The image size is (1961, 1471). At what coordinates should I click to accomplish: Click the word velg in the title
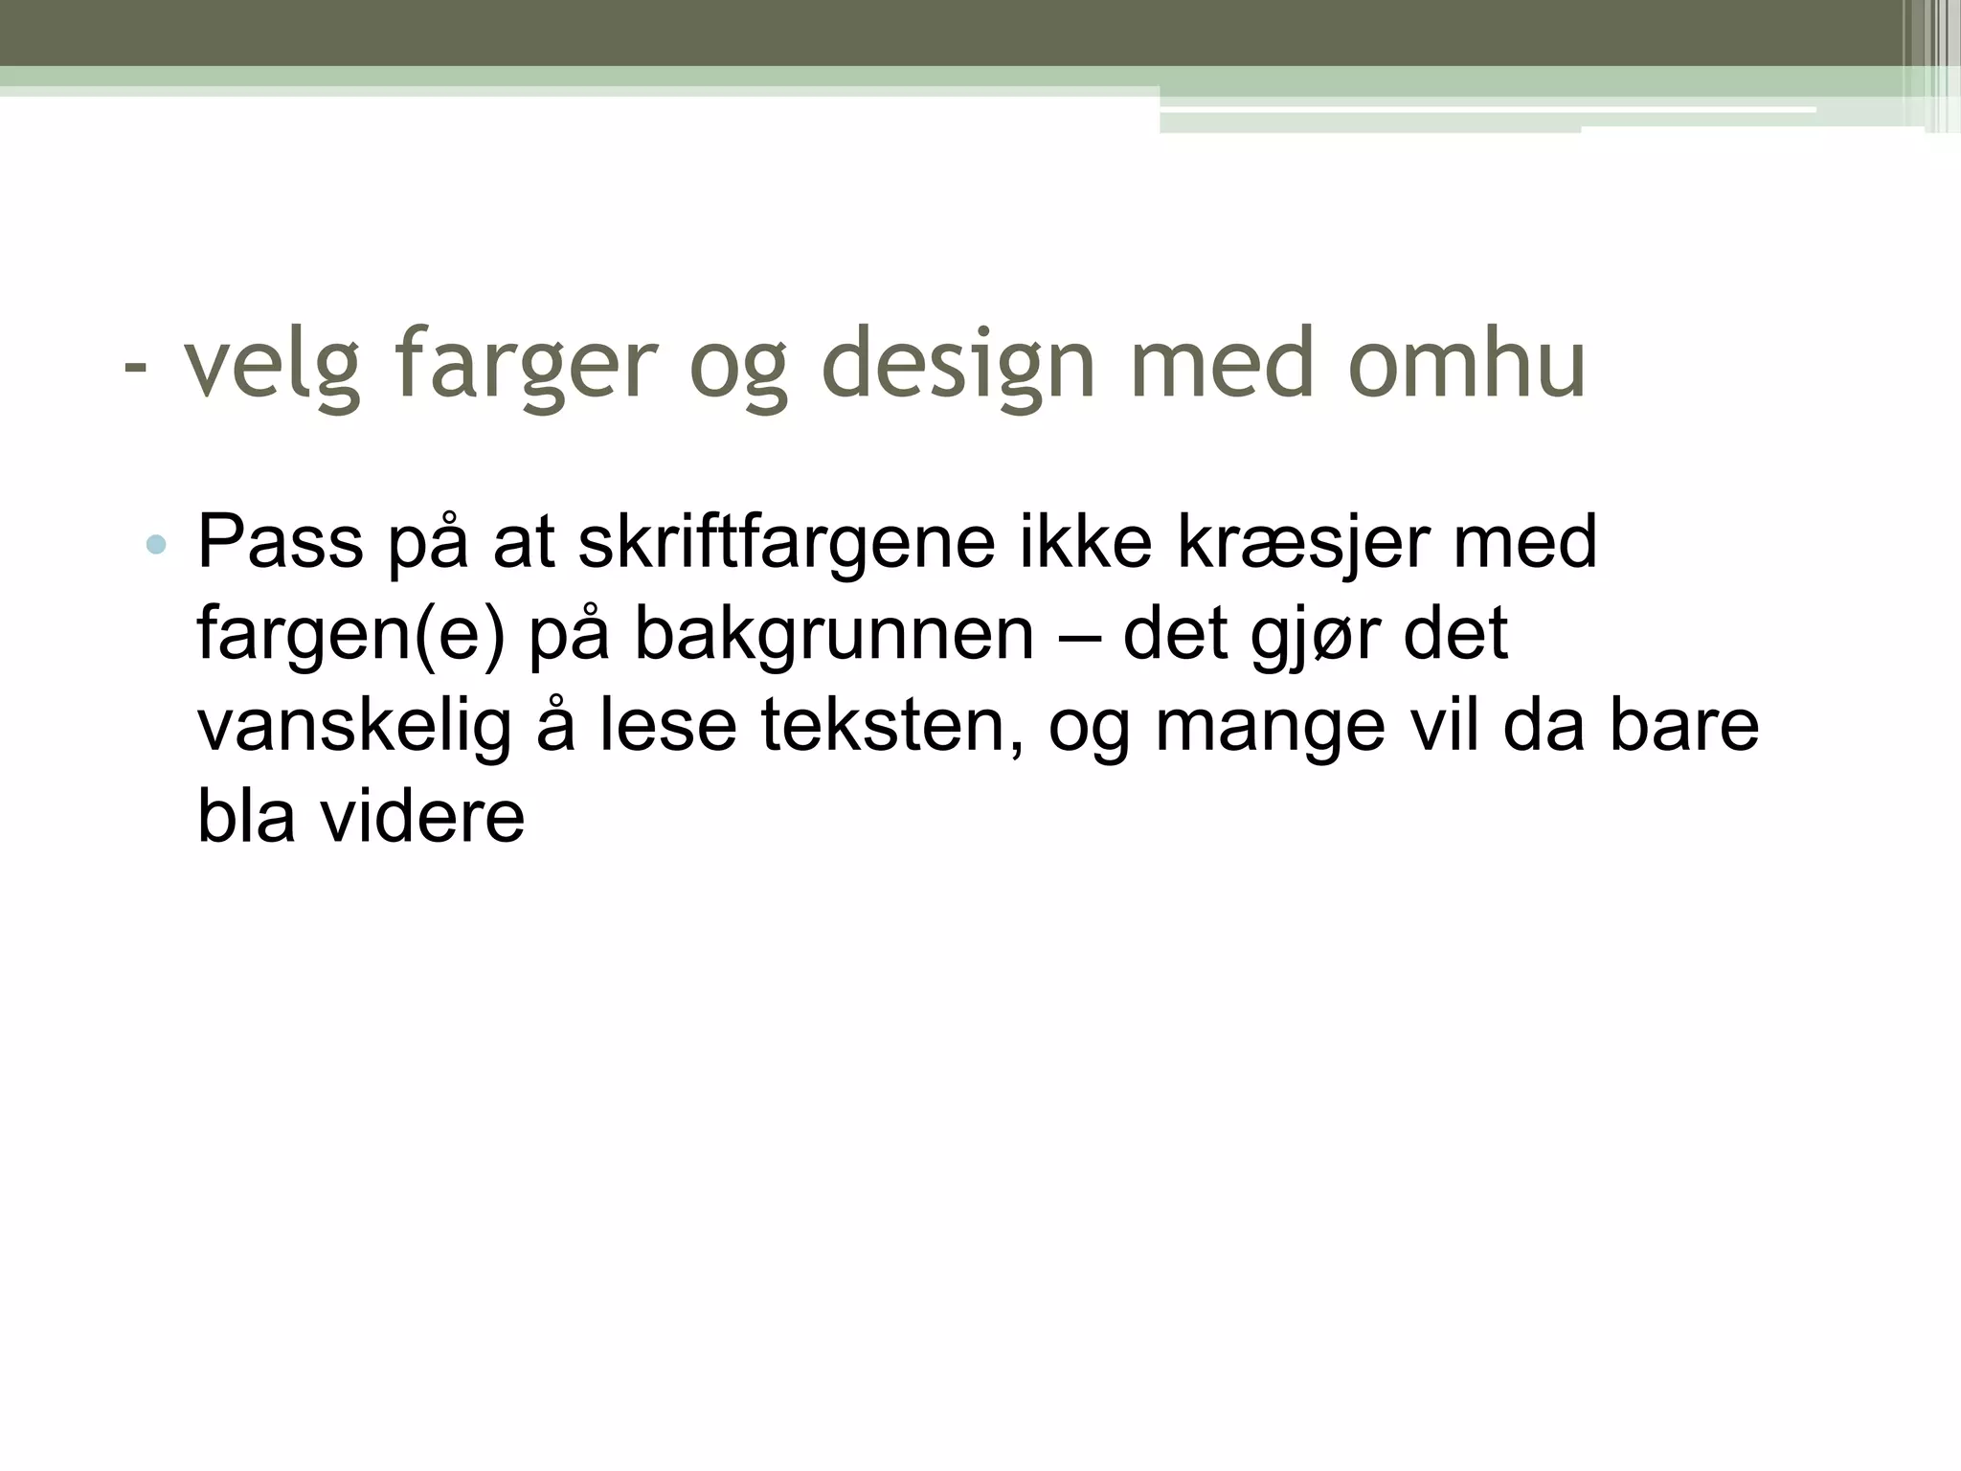point(272,365)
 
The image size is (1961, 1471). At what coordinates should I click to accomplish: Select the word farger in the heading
point(526,365)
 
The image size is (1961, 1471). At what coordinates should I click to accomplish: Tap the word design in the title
point(958,365)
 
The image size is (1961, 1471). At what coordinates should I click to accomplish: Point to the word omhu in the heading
point(1466,365)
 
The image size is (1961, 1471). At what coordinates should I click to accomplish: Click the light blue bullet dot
point(155,546)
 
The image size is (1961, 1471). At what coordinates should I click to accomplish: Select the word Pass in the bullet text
point(280,542)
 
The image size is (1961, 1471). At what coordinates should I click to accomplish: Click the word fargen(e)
point(350,634)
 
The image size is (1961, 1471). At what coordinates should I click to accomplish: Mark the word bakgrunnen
point(834,634)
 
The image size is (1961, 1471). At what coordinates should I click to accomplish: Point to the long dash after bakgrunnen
point(1078,636)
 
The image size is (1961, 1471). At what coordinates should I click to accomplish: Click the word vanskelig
point(354,726)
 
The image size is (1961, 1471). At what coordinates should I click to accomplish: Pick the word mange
point(1270,728)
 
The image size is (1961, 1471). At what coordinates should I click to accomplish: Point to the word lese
point(668,726)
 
